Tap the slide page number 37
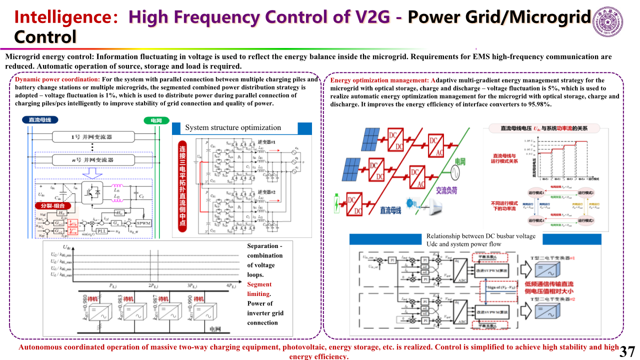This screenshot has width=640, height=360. [627, 351]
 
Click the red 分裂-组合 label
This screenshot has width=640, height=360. [52, 205]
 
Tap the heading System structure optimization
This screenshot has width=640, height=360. [233, 128]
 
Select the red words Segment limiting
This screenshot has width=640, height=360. [259, 289]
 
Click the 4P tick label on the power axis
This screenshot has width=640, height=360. [230, 286]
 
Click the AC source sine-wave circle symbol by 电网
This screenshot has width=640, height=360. [456, 172]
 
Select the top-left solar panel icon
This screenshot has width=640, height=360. [370, 139]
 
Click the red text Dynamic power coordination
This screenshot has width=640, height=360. [57, 79]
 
